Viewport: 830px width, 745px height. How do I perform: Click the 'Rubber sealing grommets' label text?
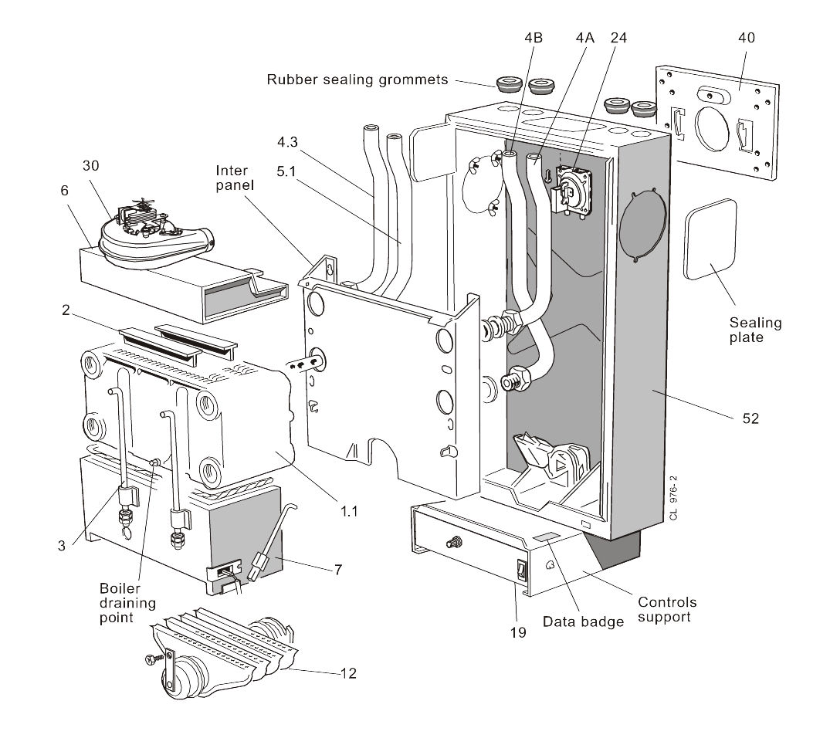pyautogui.click(x=358, y=80)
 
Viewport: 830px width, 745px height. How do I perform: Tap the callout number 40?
pyautogui.click(x=746, y=37)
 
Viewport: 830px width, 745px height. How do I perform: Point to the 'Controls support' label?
pyautogui.click(x=667, y=609)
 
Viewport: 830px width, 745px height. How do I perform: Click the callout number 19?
pyautogui.click(x=518, y=632)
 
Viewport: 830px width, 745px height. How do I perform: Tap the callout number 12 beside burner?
pyautogui.click(x=348, y=672)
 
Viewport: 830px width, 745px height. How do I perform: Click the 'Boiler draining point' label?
pyautogui.click(x=130, y=602)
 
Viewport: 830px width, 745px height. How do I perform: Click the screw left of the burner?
pyautogui.click(x=152, y=659)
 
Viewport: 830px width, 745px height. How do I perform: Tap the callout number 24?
pyautogui.click(x=618, y=37)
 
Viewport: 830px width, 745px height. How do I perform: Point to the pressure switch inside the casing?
pyautogui.click(x=574, y=192)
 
